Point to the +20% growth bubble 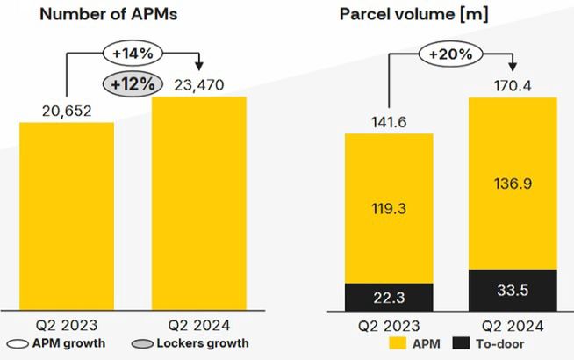click(x=453, y=54)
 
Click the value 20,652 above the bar click(x=67, y=111)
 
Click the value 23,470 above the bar click(x=199, y=85)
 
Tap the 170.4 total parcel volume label click(x=514, y=85)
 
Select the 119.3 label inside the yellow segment click(x=388, y=209)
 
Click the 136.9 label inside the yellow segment click(x=513, y=182)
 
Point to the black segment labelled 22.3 click(x=388, y=296)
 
